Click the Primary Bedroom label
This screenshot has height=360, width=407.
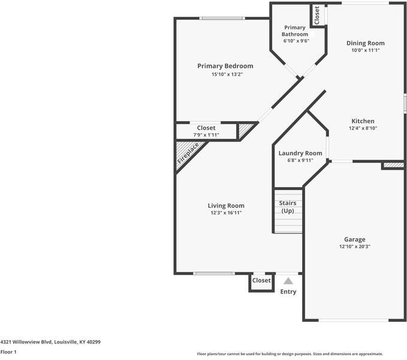(225, 66)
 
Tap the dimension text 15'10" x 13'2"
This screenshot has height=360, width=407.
(227, 74)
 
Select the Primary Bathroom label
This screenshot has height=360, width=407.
(295, 31)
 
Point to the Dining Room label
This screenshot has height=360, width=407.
(366, 43)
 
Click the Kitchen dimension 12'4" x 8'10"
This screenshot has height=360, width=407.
(363, 128)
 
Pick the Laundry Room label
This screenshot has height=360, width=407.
(300, 153)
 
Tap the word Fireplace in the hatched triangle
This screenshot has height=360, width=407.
(188, 153)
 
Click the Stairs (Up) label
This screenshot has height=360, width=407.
(288, 207)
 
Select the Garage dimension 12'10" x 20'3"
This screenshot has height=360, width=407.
(355, 247)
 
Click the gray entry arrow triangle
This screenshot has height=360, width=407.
(288, 281)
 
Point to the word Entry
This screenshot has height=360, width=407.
(288, 292)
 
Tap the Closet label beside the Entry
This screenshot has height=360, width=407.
(261, 281)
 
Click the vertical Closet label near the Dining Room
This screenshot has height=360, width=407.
(316, 15)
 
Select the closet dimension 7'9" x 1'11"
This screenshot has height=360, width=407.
(206, 135)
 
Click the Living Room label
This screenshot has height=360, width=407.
(226, 206)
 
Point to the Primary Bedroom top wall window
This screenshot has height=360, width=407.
(222, 18)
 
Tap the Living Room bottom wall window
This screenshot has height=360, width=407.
(214, 274)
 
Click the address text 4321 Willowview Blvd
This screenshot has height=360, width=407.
(27, 342)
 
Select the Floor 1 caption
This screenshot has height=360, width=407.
(8, 352)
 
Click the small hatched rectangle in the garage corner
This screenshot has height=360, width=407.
(394, 165)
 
